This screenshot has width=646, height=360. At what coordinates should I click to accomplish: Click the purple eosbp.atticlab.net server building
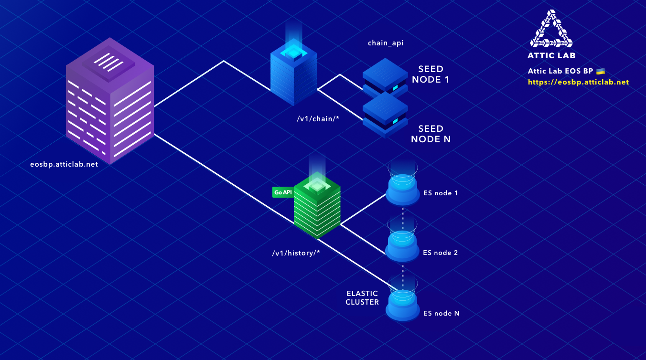(x=110, y=103)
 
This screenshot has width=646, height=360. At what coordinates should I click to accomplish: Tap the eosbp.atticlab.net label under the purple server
(x=64, y=164)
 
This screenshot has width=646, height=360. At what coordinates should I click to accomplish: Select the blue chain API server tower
(x=293, y=76)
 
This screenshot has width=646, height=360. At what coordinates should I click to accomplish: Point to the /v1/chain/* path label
(x=318, y=118)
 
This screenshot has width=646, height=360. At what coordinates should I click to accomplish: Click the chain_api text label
(x=385, y=43)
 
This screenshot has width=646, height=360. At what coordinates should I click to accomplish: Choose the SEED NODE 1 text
(x=431, y=74)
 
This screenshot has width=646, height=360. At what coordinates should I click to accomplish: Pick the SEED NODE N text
(x=431, y=134)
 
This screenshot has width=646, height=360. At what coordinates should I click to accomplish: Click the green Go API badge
(x=282, y=192)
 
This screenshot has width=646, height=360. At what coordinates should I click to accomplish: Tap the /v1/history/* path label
(x=296, y=253)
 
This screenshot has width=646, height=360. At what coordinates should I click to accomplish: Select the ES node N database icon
(x=402, y=301)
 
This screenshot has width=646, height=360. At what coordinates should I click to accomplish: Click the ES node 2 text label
(x=441, y=253)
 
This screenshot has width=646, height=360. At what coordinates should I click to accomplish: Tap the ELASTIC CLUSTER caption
(x=362, y=297)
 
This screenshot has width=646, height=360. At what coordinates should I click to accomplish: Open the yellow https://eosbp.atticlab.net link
(x=578, y=82)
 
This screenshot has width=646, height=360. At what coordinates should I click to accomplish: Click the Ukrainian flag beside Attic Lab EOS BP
(x=601, y=71)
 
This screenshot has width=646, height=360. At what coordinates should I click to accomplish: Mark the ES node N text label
(x=441, y=313)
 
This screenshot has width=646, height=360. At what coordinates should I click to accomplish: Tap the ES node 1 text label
(x=441, y=193)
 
